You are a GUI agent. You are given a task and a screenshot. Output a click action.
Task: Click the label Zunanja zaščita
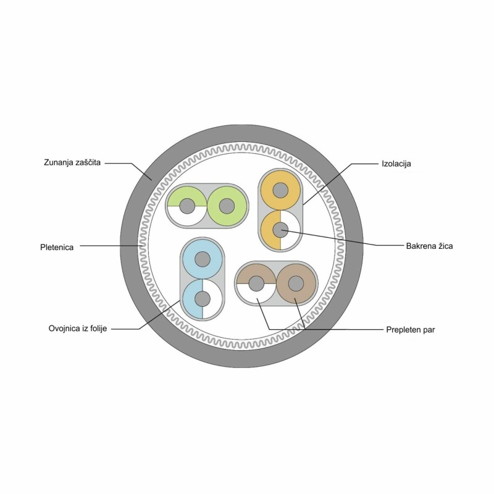pos(72,162)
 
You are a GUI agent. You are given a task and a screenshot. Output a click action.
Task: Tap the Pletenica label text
pos(57,248)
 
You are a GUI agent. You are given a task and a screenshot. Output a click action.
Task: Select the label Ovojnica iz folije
pos(78,329)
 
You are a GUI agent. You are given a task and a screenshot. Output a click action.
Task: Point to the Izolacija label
pos(396,164)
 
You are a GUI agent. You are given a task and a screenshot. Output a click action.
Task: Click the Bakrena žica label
pos(429,246)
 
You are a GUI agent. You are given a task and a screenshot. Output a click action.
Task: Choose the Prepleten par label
pos(411,330)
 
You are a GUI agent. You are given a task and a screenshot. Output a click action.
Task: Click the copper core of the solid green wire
pos(227,206)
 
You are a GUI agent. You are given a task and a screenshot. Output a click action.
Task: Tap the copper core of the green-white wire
pos(187,206)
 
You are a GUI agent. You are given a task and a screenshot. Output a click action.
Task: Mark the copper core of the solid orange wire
pos(280,190)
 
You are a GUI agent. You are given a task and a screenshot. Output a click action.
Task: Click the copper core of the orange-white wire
pos(280,230)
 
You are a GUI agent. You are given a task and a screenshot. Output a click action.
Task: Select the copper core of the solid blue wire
pos(203,259)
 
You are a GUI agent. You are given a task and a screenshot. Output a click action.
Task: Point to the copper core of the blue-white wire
pos(203,299)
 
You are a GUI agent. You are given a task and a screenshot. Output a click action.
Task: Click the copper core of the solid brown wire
pos(296,283)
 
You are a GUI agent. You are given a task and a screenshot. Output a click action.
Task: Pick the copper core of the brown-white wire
pos(256,283)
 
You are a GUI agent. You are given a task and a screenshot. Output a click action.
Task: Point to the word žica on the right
pos(445,246)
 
